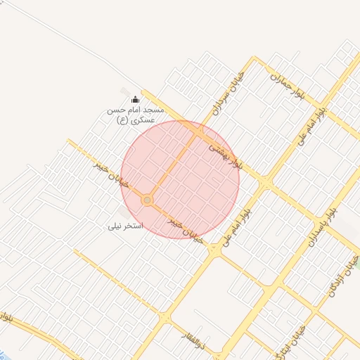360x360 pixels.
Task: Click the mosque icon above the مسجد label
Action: [x=136, y=101]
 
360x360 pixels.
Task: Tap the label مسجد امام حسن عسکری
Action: [x=135, y=115]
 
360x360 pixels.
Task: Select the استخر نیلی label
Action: [x=125, y=226]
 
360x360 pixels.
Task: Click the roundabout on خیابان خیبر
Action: [x=147, y=201]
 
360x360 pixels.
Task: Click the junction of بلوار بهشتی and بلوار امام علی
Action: [x=266, y=183]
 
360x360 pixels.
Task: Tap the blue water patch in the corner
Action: [x=3, y=354]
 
